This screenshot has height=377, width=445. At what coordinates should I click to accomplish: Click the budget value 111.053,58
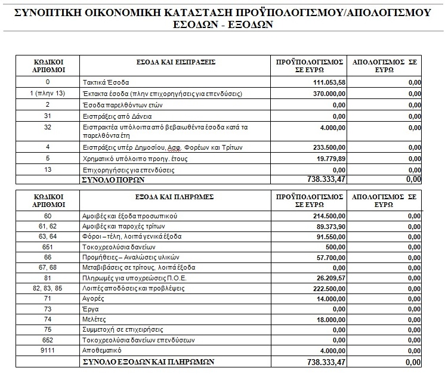point(325,82)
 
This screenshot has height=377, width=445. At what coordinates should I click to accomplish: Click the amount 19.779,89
point(327,159)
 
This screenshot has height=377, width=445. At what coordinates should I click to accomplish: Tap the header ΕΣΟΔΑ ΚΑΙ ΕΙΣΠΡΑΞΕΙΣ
point(175,61)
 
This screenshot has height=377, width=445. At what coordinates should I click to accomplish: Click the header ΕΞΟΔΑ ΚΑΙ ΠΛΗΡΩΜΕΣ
point(175,196)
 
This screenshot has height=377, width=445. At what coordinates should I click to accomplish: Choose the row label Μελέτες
point(93,319)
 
